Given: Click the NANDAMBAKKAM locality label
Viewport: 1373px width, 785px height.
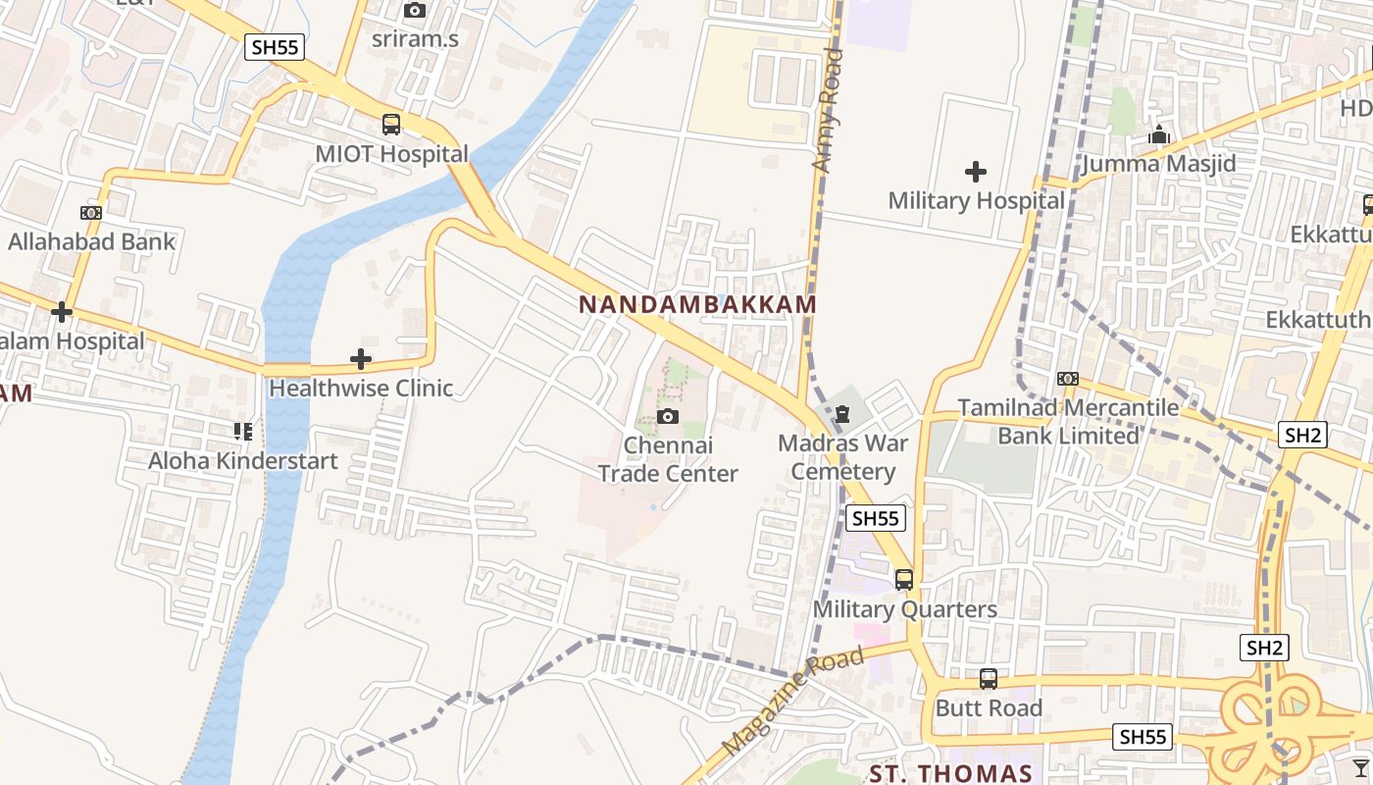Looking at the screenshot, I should (x=697, y=304).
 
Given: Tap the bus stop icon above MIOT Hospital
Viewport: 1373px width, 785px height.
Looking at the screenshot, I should (x=391, y=125).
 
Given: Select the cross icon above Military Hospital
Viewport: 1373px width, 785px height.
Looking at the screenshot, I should (x=976, y=172).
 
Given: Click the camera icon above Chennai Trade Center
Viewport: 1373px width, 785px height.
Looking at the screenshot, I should (x=668, y=417).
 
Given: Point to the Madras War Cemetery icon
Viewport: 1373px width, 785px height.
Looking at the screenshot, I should (x=842, y=414).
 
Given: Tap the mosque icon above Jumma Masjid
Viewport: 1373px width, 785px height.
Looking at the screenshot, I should (x=1159, y=134).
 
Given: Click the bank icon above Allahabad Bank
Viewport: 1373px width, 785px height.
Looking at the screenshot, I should (x=91, y=213).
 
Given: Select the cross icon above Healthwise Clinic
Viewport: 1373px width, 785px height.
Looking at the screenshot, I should (x=361, y=359).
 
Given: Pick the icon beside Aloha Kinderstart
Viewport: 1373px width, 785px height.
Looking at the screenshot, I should (x=243, y=432).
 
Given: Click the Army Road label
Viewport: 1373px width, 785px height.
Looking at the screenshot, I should (x=828, y=111).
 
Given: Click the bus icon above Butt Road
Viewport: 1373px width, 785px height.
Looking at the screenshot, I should (x=989, y=679).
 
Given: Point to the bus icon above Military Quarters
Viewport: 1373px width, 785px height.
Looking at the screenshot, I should (x=904, y=580).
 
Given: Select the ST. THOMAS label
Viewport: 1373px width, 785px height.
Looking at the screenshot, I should (x=950, y=774).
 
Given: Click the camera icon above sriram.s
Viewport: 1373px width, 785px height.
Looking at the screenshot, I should (x=415, y=11).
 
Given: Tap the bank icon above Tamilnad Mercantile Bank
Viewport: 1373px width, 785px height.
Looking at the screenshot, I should (x=1068, y=379).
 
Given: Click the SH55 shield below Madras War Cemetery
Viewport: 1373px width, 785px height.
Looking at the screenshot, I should (x=875, y=518).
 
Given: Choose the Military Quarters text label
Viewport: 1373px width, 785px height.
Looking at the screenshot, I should (x=904, y=609).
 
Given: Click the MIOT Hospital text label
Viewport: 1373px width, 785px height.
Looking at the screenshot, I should (x=391, y=154).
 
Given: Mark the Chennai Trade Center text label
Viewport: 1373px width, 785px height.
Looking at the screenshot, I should (x=668, y=459).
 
